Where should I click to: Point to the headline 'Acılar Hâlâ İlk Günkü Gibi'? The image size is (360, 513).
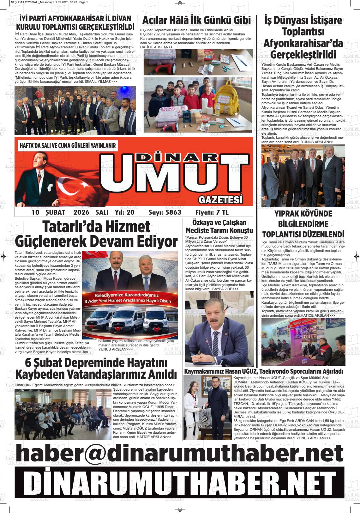196,20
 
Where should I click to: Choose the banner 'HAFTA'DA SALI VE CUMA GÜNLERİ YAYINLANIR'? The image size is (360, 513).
68,146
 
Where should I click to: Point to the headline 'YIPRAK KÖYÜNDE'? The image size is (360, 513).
303,214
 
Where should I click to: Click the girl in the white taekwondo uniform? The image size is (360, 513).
193,411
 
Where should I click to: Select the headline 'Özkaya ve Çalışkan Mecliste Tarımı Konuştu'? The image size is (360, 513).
219,226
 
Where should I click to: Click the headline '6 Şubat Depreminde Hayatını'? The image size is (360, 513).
96,363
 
